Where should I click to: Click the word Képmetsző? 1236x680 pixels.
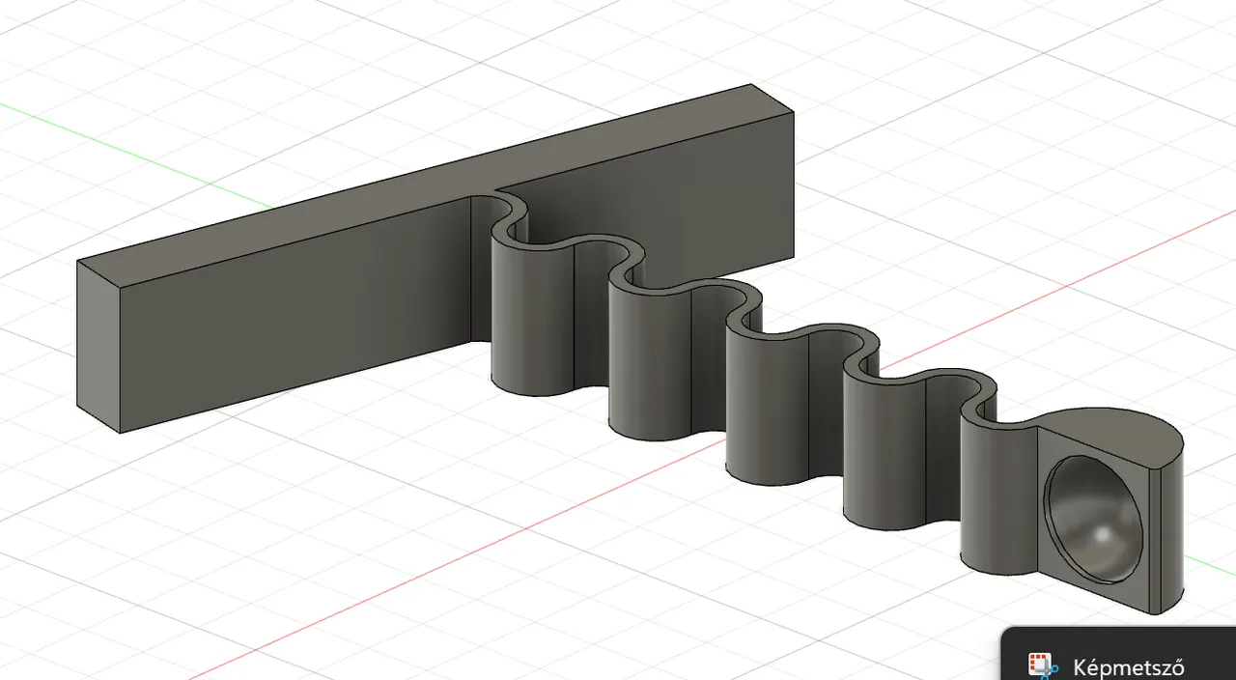click(x=1128, y=668)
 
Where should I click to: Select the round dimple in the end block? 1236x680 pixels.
click(x=1092, y=520)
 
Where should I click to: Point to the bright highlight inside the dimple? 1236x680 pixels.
click(x=1103, y=535)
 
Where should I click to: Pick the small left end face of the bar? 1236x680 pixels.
click(x=98, y=347)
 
